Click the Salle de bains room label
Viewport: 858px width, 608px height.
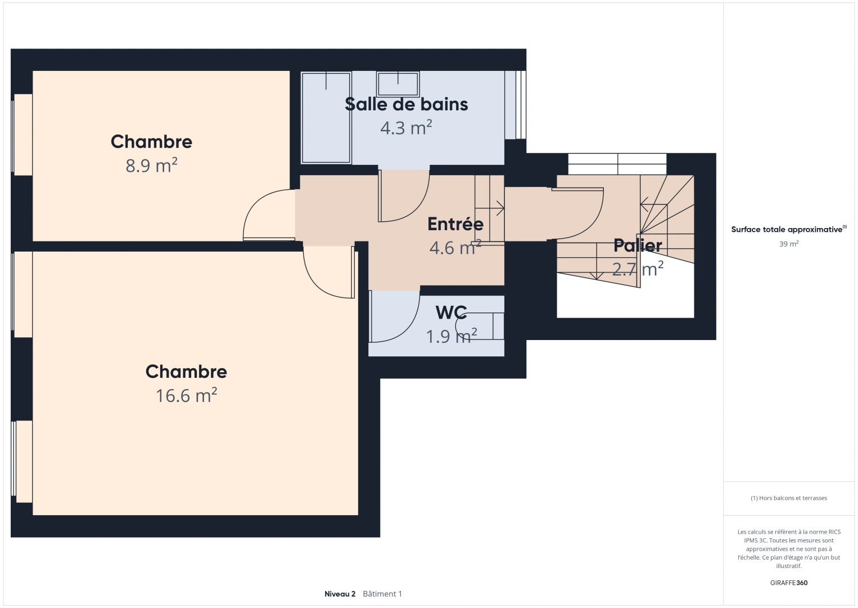tap(406, 104)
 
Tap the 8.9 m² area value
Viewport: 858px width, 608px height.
tap(151, 166)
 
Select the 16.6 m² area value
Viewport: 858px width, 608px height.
tap(186, 395)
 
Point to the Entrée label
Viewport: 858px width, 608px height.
tap(455, 224)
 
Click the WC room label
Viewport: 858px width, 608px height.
tap(451, 312)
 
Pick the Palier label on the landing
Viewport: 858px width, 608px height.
tap(638, 245)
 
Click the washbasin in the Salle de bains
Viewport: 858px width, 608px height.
tap(398, 84)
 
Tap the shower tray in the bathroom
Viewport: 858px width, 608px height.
tap(326, 118)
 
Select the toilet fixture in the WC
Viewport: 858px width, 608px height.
tap(480, 326)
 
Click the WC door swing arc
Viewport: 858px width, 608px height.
tap(406, 330)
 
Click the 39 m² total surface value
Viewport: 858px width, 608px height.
tap(789, 244)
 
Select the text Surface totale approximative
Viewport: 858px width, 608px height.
tap(787, 229)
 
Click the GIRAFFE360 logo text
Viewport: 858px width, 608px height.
tap(789, 583)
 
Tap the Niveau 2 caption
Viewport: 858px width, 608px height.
tap(340, 594)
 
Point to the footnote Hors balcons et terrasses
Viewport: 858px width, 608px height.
tap(789, 498)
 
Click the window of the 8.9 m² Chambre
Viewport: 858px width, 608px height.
tap(22, 135)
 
